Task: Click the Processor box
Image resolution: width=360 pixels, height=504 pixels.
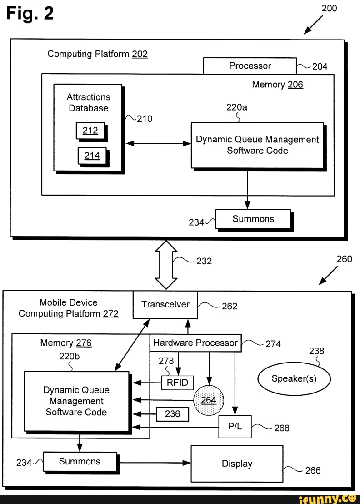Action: pos(250,66)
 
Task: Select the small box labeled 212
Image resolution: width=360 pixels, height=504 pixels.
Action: pos(90,131)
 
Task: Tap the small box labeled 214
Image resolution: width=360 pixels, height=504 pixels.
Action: pos(92,156)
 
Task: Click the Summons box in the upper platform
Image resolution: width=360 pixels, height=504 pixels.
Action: pos(253,219)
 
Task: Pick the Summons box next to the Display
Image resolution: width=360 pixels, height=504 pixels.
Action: pos(80,462)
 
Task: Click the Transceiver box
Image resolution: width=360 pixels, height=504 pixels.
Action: pos(165,305)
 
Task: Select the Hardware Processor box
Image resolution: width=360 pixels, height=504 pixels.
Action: pos(195,343)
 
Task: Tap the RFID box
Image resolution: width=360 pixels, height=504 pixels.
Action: pos(177,383)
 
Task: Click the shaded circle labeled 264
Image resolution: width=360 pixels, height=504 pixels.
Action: pos(208,400)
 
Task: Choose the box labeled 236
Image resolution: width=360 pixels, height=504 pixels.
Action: pos(172,414)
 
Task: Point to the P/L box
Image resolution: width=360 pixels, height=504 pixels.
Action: pos(235,427)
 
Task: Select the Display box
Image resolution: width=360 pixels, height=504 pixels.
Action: pos(237,464)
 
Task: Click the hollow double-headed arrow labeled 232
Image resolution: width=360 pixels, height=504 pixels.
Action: pos(166,265)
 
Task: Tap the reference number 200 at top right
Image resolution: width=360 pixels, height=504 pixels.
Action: pos(329,8)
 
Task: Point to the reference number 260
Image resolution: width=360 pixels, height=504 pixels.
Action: pos(344,259)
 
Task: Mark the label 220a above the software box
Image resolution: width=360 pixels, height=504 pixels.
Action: pos(236,107)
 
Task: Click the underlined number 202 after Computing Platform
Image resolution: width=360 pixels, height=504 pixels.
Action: pos(140,54)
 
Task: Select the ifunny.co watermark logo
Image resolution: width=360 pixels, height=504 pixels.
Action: pos(330,498)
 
